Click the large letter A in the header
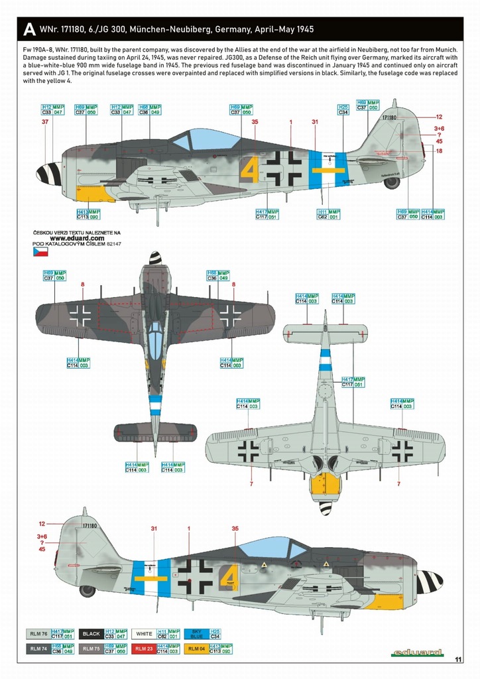point(29,30)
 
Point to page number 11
point(458,658)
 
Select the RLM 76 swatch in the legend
point(37,634)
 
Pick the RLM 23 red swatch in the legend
point(144,647)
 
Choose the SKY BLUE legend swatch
point(197,634)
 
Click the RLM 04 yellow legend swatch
point(197,647)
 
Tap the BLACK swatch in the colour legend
point(91,634)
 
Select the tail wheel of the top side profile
point(391,182)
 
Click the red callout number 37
point(45,122)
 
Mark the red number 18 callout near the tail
point(439,151)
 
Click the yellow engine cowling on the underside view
point(326,484)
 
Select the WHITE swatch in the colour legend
point(144,634)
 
